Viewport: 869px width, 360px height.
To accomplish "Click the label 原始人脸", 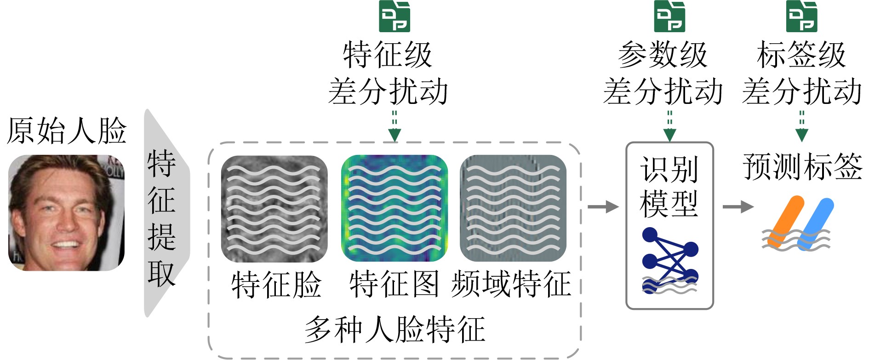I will pos(66,131).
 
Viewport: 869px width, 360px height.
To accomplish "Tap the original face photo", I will pos(66,213).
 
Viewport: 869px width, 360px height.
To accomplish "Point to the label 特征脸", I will pos(276,284).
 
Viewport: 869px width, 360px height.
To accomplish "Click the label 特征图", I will pos(394,284).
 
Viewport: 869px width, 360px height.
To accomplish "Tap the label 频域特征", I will pos(511,284).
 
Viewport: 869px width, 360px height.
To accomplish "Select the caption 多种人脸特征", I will pos(394,330).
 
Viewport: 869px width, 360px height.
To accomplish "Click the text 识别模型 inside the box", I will pos(669,186).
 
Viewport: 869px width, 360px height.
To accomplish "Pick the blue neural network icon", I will pos(670,260).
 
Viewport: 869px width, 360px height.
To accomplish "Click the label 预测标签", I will pos(802,166).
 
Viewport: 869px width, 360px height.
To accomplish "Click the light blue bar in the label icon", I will pos(816,223).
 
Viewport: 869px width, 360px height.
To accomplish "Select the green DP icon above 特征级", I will pos(394,17).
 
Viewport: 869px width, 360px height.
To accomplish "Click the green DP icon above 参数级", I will pos(669,17).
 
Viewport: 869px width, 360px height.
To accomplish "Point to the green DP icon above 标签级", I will pos(801,17).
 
